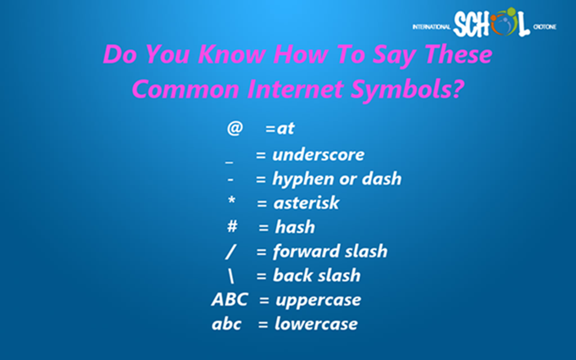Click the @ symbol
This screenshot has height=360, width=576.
pos(235,128)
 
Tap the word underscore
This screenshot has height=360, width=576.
pos(318,154)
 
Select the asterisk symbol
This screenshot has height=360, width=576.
pos(231,201)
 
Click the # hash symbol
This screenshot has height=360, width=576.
pos(232,226)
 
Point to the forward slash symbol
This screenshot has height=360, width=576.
pos(230,252)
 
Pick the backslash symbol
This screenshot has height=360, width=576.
pos(230,275)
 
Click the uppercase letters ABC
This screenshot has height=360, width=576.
pos(230,299)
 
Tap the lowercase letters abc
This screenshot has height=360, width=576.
pos(226,324)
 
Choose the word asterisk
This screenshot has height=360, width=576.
pos(306,202)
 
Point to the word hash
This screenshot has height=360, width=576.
pos(295,227)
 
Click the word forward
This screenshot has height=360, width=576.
pos(302,252)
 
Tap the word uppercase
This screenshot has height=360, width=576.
pos(318,300)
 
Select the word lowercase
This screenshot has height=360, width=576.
pos(316,324)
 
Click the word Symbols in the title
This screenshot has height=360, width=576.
pos(407,89)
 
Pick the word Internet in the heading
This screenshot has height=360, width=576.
pos(296,89)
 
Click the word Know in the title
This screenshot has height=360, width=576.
pos(231,53)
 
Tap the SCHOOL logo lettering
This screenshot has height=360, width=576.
pos(491,23)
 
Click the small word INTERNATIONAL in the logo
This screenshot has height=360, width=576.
pos(431,27)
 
